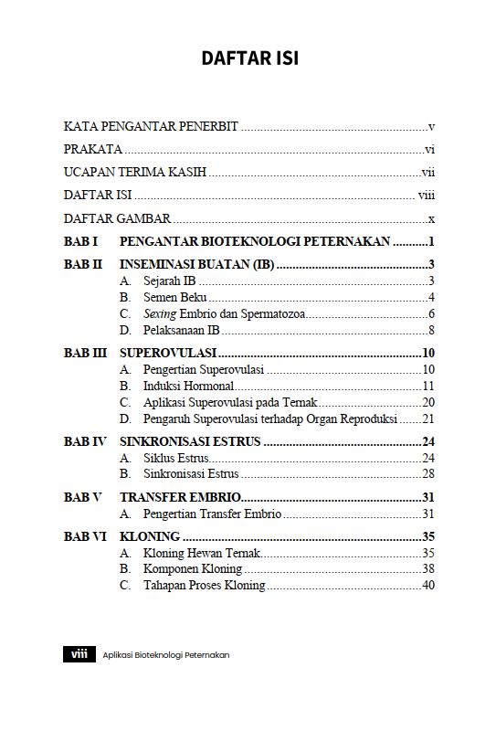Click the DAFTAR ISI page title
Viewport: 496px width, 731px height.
249,58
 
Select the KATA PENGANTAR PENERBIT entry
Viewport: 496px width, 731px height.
151,126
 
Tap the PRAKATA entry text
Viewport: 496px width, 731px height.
93,149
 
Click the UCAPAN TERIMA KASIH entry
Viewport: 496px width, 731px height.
134,172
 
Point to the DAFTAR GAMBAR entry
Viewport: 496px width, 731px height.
117,218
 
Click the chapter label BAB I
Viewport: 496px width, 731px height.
80,242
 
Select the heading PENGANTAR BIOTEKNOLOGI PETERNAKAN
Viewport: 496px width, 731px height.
255,242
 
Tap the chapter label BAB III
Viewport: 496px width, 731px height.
85,353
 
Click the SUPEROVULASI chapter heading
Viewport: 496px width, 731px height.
168,353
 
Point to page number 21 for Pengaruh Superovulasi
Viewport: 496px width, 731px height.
427,418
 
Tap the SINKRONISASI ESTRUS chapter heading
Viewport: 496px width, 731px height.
191,441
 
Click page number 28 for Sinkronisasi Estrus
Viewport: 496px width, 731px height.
427,474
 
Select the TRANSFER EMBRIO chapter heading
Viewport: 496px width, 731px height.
180,497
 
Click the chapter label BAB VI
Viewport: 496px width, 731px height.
84,536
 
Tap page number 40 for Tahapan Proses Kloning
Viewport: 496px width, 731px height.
427,586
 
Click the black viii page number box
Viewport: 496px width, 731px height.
79,654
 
